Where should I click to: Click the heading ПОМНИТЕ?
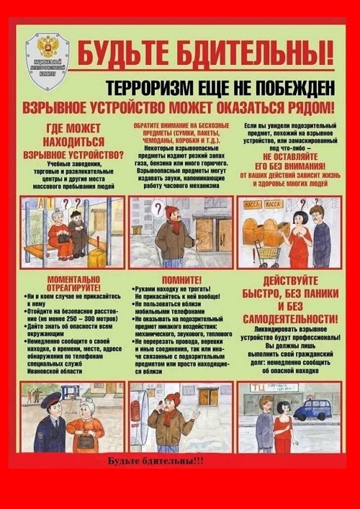coord(181,279)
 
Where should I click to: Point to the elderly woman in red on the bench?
coord(59,235)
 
